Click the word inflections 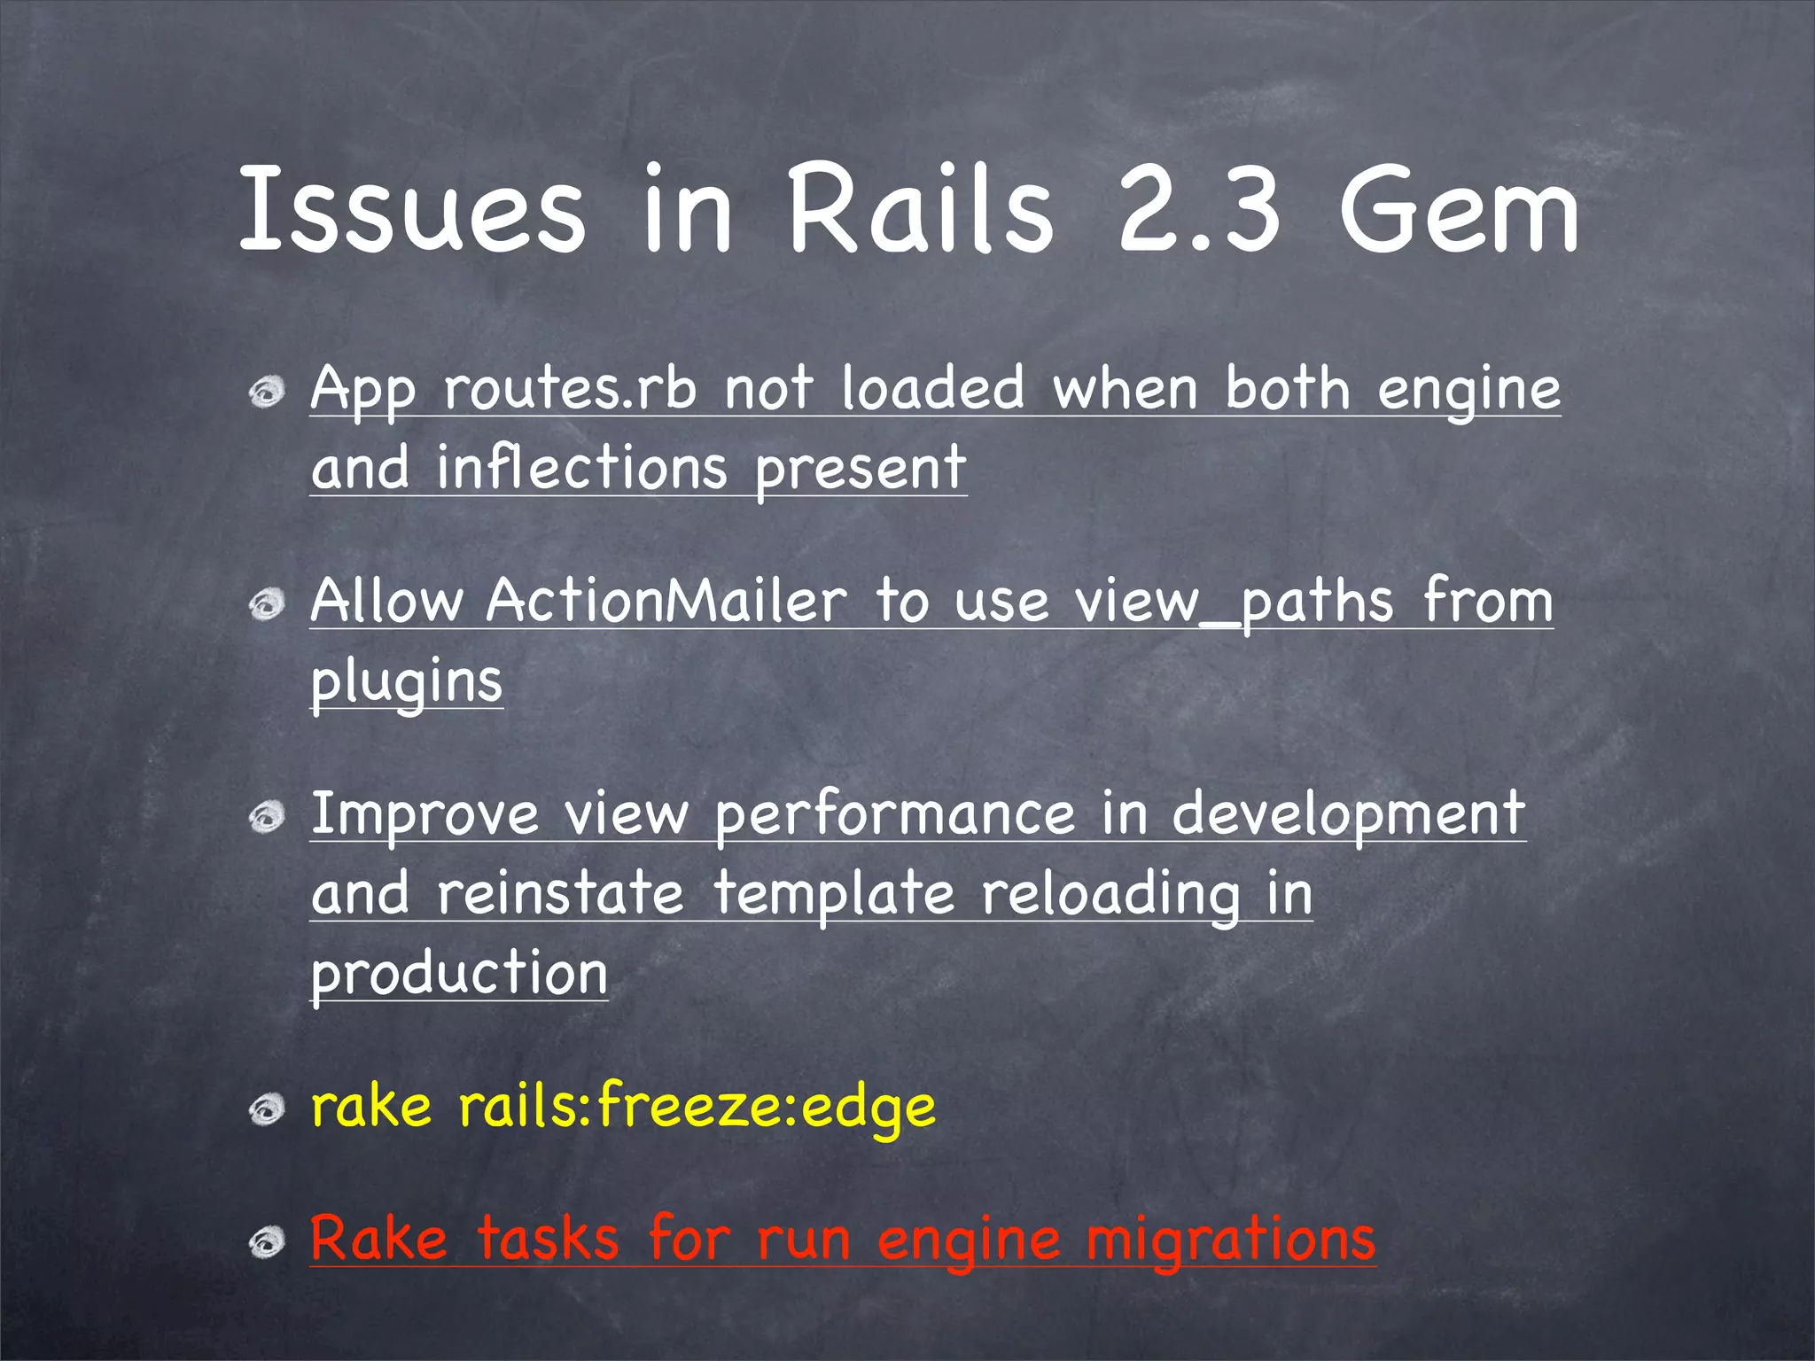(581, 468)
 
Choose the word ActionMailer (666, 602)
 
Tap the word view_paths (1235, 602)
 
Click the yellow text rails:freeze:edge (697, 1107)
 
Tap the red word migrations (1230, 1239)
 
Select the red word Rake (379, 1239)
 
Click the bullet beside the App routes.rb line (266, 391)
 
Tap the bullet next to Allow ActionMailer (266, 605)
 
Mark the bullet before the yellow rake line (266, 1109)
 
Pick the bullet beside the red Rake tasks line (266, 1242)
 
